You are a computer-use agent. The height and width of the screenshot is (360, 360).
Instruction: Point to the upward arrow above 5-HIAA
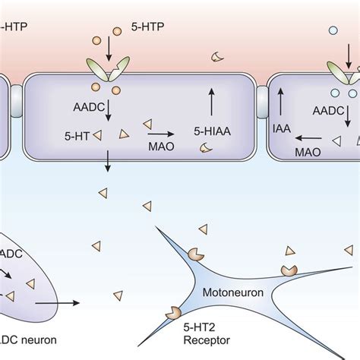pos(211,99)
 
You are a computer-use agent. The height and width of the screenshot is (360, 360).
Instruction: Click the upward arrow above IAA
pos(281,99)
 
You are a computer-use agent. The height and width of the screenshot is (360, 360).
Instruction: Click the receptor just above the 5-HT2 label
pos(173,312)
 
